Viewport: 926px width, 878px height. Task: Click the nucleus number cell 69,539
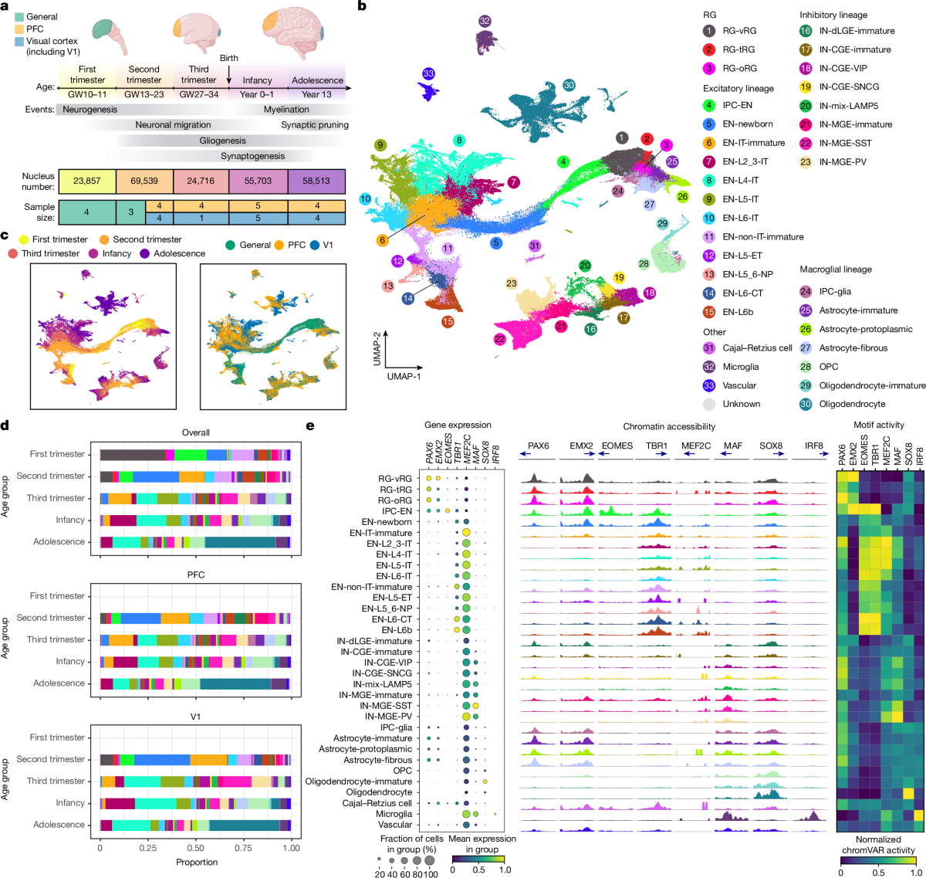144,181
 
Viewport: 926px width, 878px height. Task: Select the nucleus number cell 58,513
316,181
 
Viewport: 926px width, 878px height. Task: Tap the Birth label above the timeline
229,58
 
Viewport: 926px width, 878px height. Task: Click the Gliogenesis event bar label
223,141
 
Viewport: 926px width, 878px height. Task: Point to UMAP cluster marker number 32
485,21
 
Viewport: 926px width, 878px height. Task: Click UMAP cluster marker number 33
428,73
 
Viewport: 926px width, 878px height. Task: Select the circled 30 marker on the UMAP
569,85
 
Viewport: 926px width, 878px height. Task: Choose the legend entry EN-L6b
738,312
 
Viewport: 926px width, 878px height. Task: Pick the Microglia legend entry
740,367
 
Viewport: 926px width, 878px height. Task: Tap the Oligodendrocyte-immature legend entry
872,385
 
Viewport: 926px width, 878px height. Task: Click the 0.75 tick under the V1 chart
243,847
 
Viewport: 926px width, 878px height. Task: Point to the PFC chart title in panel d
196,575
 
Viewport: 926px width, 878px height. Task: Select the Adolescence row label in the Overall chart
59,542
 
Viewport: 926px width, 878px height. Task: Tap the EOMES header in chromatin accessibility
617,446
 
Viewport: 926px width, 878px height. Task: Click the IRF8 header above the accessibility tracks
813,446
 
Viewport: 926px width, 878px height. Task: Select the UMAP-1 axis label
404,376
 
